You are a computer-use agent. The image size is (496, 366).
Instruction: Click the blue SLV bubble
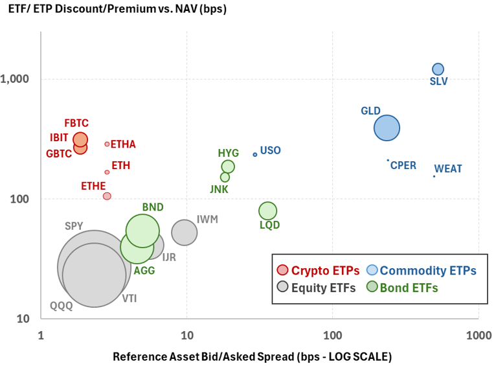click(438, 69)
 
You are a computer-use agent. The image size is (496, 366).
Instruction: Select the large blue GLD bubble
click(387, 128)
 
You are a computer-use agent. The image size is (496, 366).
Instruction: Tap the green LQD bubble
click(268, 211)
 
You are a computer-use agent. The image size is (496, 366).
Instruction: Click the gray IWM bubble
click(185, 233)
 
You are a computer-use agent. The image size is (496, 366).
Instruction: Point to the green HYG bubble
click(228, 166)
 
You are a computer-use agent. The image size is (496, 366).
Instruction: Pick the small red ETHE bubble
click(107, 196)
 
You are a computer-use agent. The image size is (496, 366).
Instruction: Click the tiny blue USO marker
click(254, 154)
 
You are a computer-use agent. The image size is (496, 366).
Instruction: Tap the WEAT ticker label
click(448, 169)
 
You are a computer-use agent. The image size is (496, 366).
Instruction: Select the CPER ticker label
click(403, 165)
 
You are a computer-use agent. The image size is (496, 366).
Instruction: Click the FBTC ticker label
click(76, 123)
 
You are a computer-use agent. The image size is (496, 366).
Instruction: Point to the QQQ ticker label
click(62, 306)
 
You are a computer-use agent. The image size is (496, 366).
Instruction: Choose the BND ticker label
click(153, 207)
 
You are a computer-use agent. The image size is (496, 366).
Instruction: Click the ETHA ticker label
click(123, 144)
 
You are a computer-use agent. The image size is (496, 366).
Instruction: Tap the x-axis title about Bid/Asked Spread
click(252, 357)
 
